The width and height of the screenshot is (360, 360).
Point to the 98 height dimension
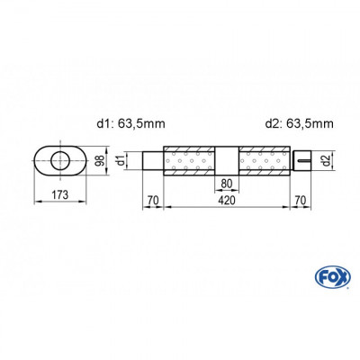click(102, 161)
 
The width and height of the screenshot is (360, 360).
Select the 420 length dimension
click(227, 202)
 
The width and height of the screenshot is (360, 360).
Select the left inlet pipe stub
click(157, 162)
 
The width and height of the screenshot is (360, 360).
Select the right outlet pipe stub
click(300, 162)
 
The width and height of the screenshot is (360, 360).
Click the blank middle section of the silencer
click(226, 162)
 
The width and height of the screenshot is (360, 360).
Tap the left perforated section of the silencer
click(189, 164)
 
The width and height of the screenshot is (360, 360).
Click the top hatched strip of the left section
click(189, 148)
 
